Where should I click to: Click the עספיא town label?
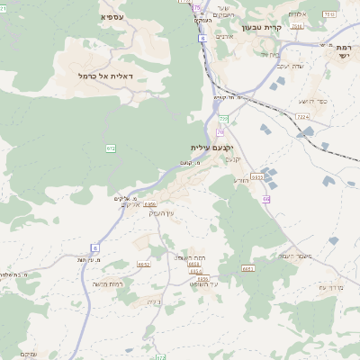click(x=112, y=17)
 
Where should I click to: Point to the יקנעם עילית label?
click(x=211, y=147)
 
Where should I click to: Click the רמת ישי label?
click(x=344, y=51)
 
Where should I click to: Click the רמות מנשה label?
click(x=107, y=283)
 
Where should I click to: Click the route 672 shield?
click(x=111, y=148)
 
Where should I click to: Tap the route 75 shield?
click(x=197, y=6)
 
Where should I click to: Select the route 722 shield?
click(x=223, y=119)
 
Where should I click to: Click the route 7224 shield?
click(x=302, y=116)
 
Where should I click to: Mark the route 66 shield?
click(x=266, y=199)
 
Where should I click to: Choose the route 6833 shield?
click(x=256, y=177)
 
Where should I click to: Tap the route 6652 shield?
click(x=144, y=265)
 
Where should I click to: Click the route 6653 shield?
click(x=248, y=268)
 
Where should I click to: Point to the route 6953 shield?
click(x=149, y=204)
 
